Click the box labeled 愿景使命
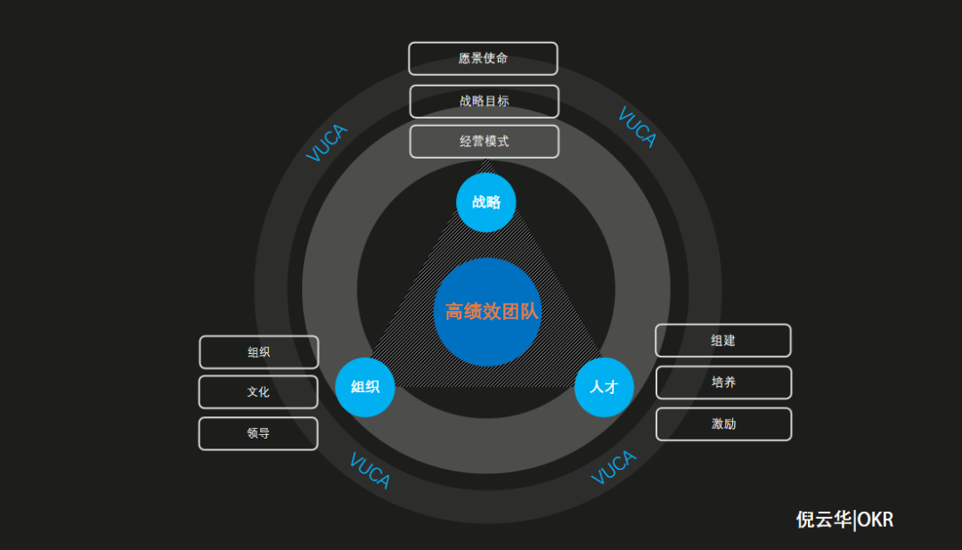483,59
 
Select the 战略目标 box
484,102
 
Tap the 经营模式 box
484,142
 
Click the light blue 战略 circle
485,202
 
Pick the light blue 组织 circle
365,387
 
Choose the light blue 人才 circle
604,387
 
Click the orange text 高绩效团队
492,312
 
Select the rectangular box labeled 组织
258,352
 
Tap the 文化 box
258,392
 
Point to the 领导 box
258,433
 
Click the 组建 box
723,341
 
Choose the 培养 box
723,382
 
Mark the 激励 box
723,424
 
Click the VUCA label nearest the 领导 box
369,471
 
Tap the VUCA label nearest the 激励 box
614,467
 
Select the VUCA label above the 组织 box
327,144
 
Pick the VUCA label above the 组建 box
637,127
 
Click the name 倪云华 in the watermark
823,520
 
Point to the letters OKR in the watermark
875,520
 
